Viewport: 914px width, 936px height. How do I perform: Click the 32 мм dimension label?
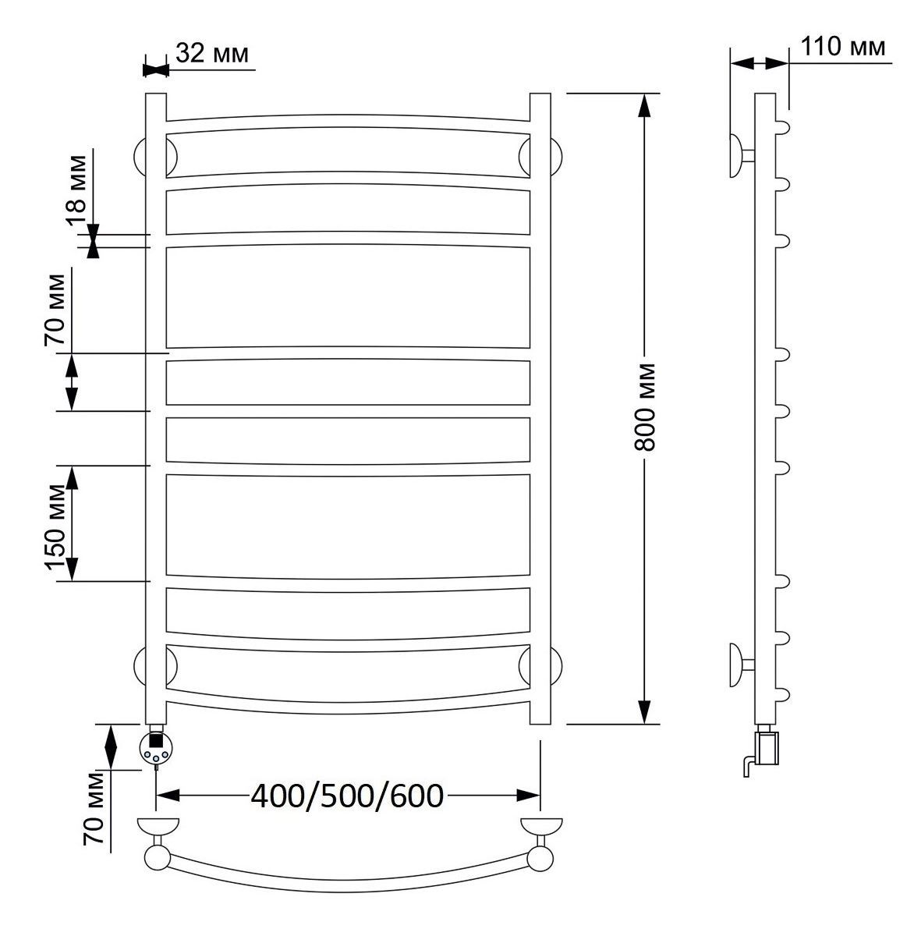212,53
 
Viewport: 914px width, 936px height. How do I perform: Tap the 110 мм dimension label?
843,47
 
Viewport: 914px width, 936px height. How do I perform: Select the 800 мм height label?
644,407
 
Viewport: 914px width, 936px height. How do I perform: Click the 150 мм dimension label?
55,527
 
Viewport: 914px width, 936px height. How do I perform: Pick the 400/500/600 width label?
347,796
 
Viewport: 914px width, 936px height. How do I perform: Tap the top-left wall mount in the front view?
140,157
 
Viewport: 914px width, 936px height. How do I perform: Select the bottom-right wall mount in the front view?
556,665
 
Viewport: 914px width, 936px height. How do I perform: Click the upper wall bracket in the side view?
741,156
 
